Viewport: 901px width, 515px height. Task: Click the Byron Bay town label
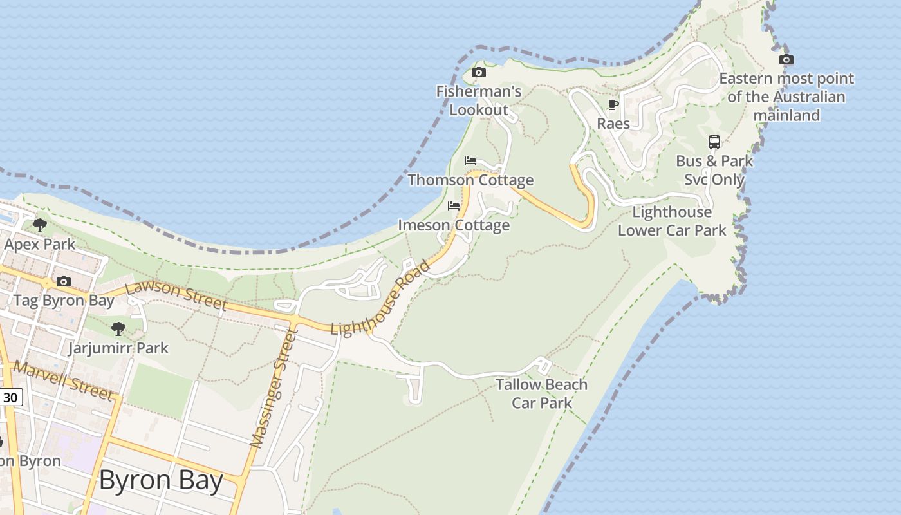[x=161, y=481]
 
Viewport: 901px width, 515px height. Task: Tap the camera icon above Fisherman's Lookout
[x=478, y=72]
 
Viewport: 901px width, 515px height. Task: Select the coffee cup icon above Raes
[x=613, y=104]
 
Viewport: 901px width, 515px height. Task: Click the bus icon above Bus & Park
[x=714, y=142]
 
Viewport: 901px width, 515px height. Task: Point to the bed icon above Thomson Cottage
[x=470, y=160]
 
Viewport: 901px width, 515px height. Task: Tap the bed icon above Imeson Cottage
[x=454, y=206]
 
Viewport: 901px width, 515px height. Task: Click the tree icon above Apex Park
[x=40, y=225]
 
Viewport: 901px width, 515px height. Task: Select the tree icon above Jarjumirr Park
[x=118, y=329]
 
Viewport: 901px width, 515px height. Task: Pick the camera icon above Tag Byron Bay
[x=63, y=281]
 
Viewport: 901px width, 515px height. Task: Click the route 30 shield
[x=10, y=398]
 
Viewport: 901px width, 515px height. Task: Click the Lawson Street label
[x=176, y=295]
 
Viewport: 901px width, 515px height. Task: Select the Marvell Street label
[x=63, y=380]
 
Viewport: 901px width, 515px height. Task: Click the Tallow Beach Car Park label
[x=541, y=393]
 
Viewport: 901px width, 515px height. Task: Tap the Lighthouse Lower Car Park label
[x=672, y=221]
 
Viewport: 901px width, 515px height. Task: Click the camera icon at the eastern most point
[x=786, y=60]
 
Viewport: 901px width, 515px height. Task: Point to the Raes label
[x=613, y=123]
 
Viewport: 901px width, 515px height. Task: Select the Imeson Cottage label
[x=454, y=225]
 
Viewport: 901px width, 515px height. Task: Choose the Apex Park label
[x=40, y=244]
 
